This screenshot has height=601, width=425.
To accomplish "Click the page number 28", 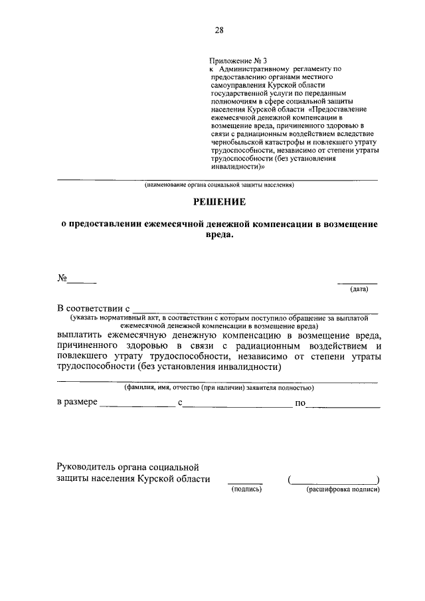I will pyautogui.click(x=218, y=30).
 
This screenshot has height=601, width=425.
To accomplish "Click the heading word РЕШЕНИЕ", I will pyautogui.click(x=219, y=201).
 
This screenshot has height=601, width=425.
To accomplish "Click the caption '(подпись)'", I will pyautogui.click(x=246, y=489).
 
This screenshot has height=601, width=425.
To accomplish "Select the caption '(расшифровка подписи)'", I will pyautogui.click(x=342, y=489).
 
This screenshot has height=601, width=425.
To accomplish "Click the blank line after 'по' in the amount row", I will pyautogui.click(x=343, y=405).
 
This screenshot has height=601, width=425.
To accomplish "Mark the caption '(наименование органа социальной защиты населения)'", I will pyautogui.click(x=219, y=185).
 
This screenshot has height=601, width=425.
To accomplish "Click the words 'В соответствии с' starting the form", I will pyautogui.click(x=92, y=309).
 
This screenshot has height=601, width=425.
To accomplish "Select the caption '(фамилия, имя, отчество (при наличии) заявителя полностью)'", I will pyautogui.click(x=219, y=387).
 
